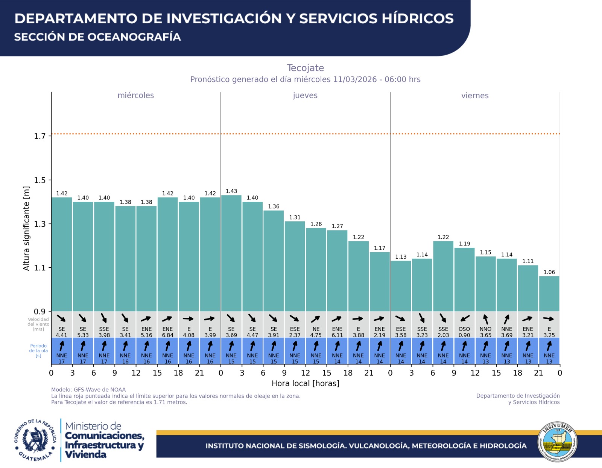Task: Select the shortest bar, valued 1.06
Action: pos(549,294)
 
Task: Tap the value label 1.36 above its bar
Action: pos(274,206)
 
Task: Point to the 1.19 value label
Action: pos(464,244)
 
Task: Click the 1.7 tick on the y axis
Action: pos(40,136)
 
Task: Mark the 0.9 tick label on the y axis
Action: pos(40,312)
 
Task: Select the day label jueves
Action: pos(305,96)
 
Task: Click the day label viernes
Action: pos(475,96)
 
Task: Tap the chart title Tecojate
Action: pos(305,68)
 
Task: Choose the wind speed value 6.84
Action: pos(167,335)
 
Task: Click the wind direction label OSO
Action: pos(464,329)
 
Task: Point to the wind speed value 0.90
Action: pos(464,335)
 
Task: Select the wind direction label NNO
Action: pos(485,329)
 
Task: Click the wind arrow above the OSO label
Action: pos(465,319)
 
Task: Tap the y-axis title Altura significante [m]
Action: pos(26,228)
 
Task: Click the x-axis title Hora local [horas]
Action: pos(305,383)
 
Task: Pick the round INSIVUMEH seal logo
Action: pos(557,442)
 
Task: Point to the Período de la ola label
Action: pos(38,351)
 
